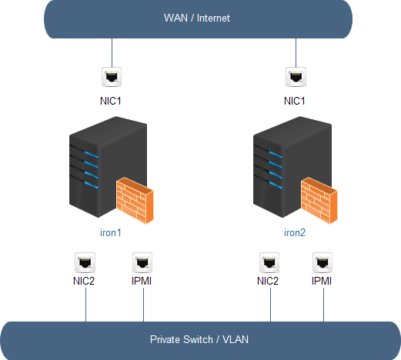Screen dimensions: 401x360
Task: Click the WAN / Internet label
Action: [x=197, y=18]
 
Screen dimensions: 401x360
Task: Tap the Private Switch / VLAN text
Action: [x=199, y=339]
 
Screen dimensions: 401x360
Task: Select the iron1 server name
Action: [x=111, y=232]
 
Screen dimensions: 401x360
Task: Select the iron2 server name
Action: [x=295, y=232]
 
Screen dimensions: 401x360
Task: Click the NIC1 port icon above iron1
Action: [x=112, y=77]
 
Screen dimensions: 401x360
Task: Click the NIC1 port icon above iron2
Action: [x=296, y=77]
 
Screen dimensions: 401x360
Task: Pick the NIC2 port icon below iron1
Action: [x=85, y=262]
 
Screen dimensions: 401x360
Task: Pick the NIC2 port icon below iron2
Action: [x=269, y=262]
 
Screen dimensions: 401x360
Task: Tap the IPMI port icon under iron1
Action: [x=142, y=262]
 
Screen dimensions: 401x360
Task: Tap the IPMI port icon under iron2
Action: [x=322, y=262]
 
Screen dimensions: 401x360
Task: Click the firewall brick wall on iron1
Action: [x=135, y=200]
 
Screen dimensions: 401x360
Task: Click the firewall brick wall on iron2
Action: [x=319, y=200]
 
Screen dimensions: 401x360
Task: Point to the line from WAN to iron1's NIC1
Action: [x=112, y=53]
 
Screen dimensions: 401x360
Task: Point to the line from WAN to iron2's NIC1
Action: [x=296, y=53]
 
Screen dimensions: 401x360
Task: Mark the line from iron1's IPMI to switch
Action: [x=143, y=305]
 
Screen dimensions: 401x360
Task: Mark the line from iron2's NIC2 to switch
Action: [x=270, y=305]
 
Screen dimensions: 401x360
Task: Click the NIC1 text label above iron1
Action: [x=111, y=101]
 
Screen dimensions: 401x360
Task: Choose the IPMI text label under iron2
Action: [x=322, y=281]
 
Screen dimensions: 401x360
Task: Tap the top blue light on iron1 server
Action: [x=91, y=155]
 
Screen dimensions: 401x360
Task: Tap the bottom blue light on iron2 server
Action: [x=276, y=185]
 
